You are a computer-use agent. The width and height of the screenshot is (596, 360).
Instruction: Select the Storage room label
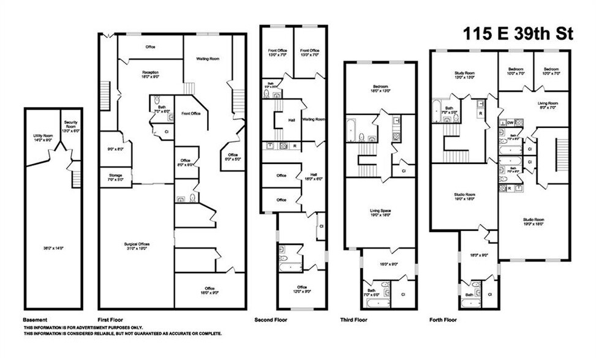[x=115, y=175]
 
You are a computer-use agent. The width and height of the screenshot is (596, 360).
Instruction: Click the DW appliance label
[x=510, y=123]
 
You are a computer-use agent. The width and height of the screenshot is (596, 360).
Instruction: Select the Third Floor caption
[x=354, y=320]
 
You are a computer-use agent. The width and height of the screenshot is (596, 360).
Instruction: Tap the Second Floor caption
[x=271, y=320]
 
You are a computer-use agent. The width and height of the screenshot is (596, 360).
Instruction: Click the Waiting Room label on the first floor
[x=208, y=59]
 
